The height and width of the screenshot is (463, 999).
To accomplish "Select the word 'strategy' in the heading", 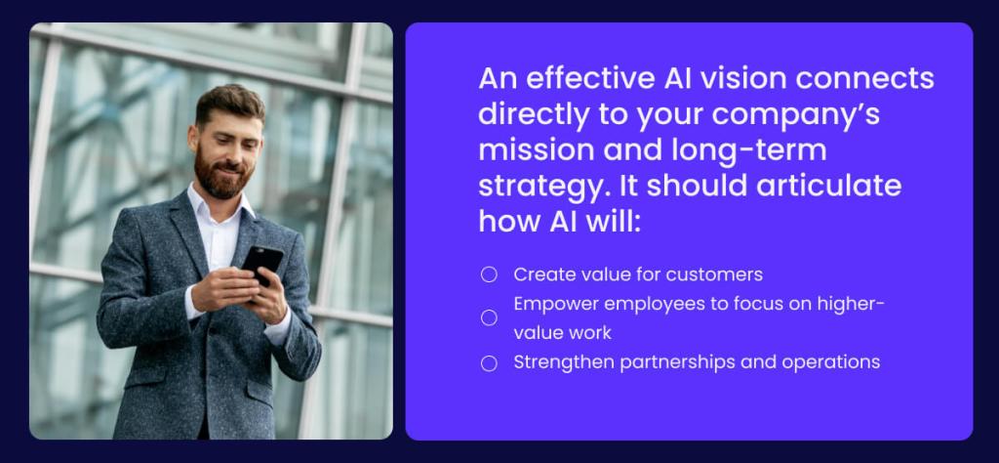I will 536,187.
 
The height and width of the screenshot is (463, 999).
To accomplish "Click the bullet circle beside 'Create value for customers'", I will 489,274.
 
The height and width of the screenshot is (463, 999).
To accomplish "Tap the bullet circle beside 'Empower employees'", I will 489,317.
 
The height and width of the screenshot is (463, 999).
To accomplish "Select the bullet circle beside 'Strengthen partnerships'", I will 489,362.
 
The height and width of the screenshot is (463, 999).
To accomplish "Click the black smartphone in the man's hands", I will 260,264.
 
